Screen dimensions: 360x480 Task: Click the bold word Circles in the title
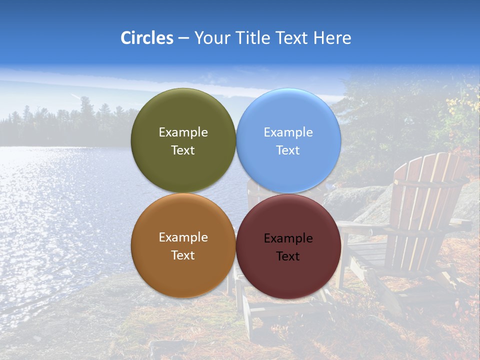click(147, 38)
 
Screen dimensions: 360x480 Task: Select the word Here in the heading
click(332, 38)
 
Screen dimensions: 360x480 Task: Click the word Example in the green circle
click(183, 132)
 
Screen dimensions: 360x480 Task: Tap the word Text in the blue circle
click(288, 150)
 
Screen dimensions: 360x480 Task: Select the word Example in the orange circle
click(183, 237)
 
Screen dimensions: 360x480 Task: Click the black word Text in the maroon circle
click(288, 256)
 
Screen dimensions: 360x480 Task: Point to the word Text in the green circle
click(183, 150)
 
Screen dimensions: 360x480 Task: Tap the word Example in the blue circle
click(288, 132)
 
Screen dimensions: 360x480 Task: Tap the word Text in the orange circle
click(183, 255)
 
